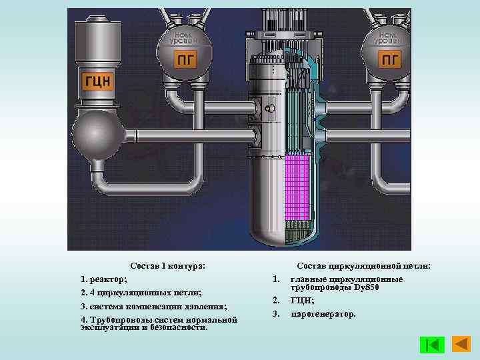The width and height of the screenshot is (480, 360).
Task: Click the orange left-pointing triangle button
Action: tap(461, 345)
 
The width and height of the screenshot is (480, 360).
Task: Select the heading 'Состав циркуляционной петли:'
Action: tap(364, 265)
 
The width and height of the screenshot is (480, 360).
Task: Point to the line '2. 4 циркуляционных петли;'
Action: tap(140, 293)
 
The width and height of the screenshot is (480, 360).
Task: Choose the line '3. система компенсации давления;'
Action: tap(153, 306)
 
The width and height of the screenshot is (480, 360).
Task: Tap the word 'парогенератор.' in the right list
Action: tap(323, 313)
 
